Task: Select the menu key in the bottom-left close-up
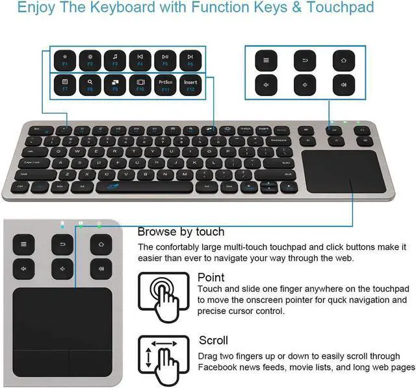click(23, 245)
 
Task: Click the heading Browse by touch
click(181, 232)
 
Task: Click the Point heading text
click(211, 278)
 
